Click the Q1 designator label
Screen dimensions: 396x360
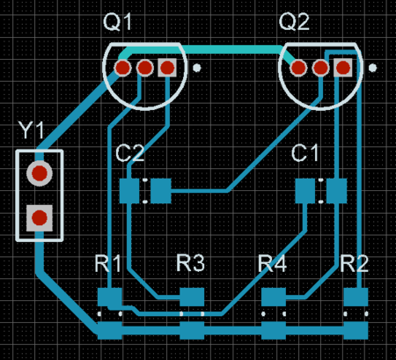(118, 22)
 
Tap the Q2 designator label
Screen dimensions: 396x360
(294, 22)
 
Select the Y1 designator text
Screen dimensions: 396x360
(31, 129)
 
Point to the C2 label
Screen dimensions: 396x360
(129, 153)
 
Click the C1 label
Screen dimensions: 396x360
(305, 153)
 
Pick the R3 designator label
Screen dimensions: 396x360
(190, 263)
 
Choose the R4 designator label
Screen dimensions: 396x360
(272, 263)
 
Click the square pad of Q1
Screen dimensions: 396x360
(167, 68)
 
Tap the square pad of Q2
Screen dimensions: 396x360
(343, 68)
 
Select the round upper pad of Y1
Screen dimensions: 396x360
(40, 173)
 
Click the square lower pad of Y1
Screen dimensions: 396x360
(40, 218)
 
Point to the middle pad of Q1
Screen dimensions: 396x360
(144, 68)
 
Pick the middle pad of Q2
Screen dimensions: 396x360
(320, 68)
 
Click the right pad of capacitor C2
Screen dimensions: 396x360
(161, 191)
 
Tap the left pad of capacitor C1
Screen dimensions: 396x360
(305, 191)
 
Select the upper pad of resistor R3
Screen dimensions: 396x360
(192, 297)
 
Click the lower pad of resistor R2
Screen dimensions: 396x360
(356, 330)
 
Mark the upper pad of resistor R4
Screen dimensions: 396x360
(274, 297)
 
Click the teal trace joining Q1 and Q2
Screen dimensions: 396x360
(205, 49)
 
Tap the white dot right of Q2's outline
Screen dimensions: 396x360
(372, 68)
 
